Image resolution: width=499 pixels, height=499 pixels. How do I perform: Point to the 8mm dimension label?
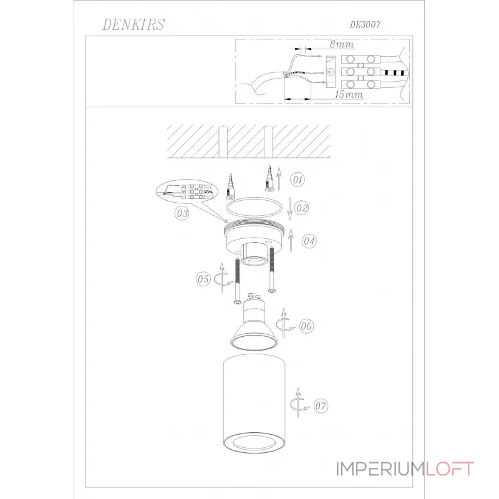(x=341, y=44)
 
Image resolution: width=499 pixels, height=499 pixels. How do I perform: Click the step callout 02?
(x=302, y=207)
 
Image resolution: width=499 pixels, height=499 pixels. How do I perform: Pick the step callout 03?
(x=182, y=213)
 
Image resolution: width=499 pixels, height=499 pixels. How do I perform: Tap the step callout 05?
(x=203, y=279)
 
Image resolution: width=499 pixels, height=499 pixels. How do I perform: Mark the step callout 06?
(x=306, y=326)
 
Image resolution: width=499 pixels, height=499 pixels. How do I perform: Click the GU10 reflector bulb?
(x=254, y=324)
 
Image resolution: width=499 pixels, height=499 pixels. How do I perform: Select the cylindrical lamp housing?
(x=254, y=405)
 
